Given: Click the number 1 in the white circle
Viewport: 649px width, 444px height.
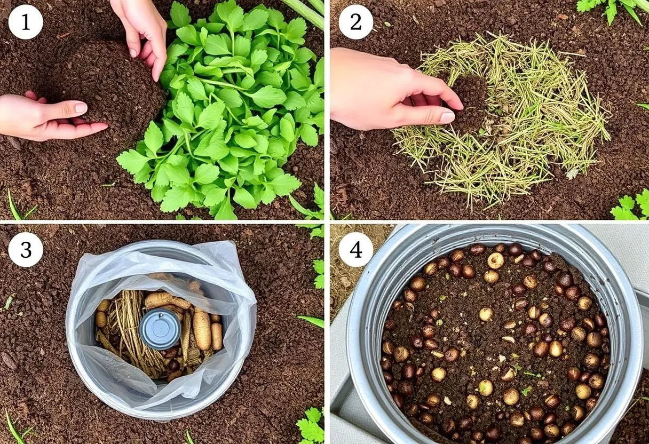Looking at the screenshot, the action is (x=26, y=22).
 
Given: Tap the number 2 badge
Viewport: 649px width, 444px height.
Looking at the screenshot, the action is (x=356, y=22).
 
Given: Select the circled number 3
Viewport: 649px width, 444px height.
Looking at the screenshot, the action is (x=26, y=249).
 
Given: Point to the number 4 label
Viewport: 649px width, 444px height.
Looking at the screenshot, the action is (x=356, y=249).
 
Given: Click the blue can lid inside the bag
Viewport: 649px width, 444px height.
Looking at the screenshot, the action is (x=160, y=329).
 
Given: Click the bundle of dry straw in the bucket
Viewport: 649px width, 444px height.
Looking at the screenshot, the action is (x=130, y=333).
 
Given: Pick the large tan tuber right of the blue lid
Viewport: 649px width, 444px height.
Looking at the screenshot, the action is (x=202, y=328).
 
